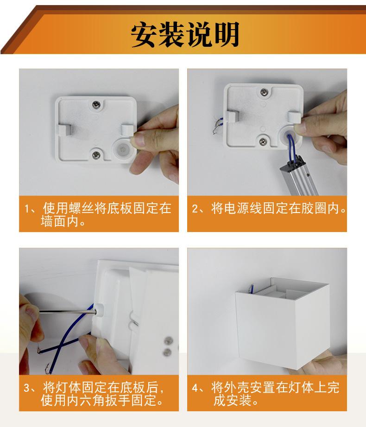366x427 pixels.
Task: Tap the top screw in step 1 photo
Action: point(96,105)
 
